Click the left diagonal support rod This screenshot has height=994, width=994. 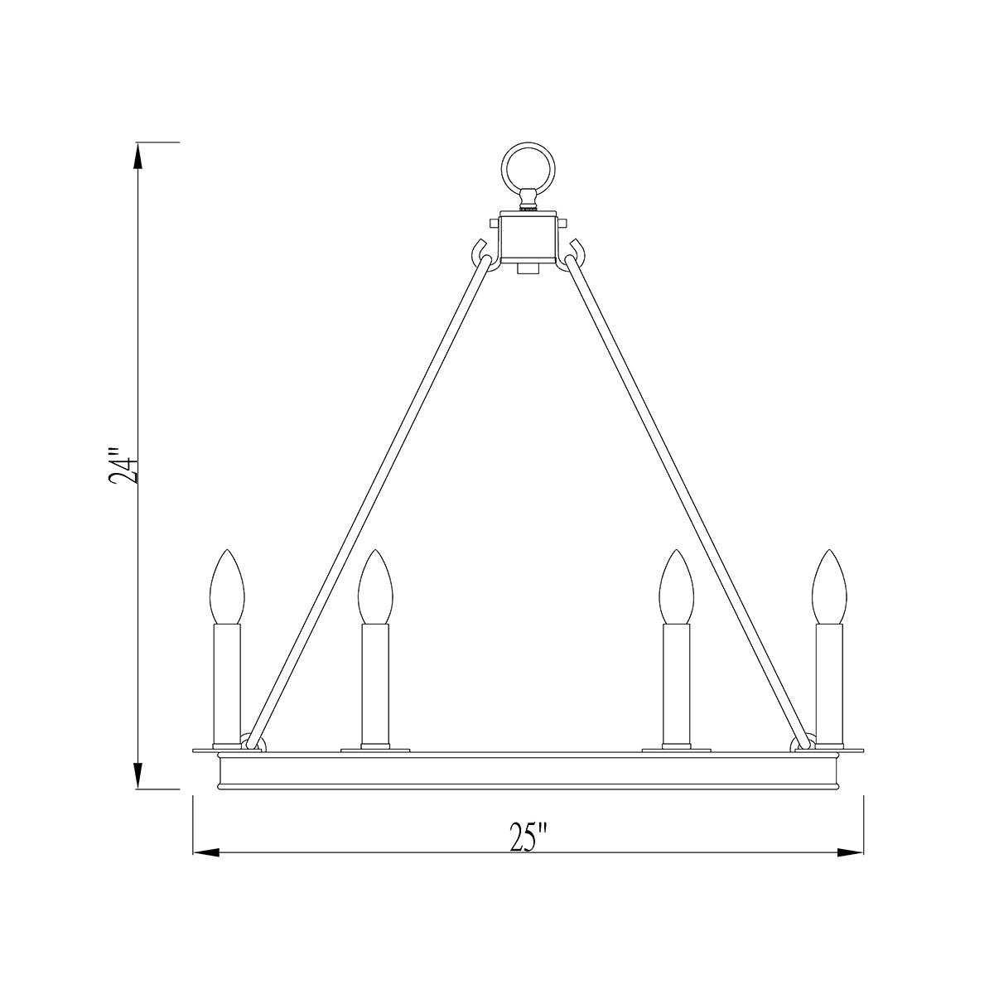(x=364, y=505)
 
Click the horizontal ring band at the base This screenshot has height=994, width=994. (x=528, y=771)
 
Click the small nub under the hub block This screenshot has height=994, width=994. (x=524, y=269)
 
